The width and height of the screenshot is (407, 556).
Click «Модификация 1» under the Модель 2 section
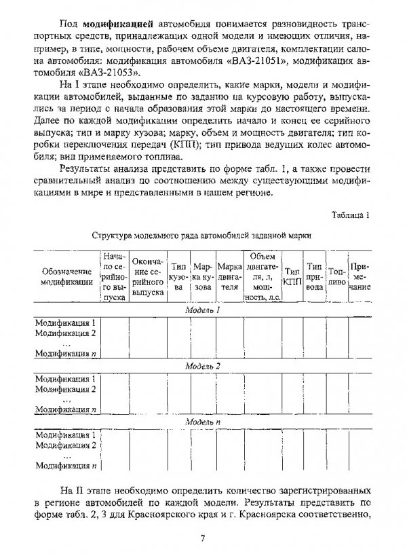tap(66, 378)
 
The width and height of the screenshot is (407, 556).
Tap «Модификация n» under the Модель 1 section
tap(66, 353)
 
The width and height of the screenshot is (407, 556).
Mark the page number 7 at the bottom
tap(202, 540)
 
